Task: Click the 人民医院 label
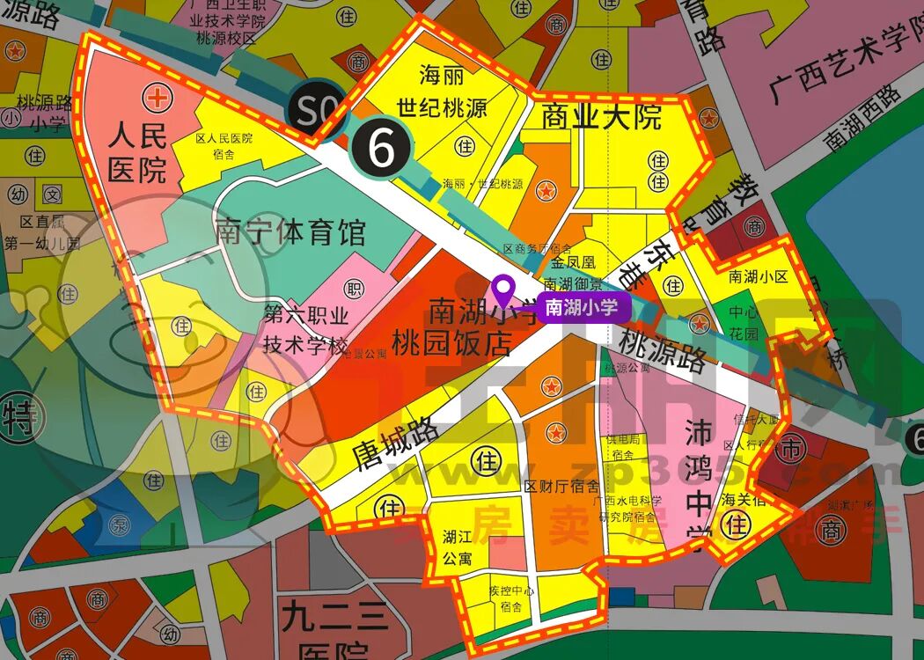tap(138, 151)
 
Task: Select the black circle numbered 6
tap(381, 150)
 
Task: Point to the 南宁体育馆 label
tap(290, 234)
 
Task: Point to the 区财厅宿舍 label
tap(561, 485)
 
